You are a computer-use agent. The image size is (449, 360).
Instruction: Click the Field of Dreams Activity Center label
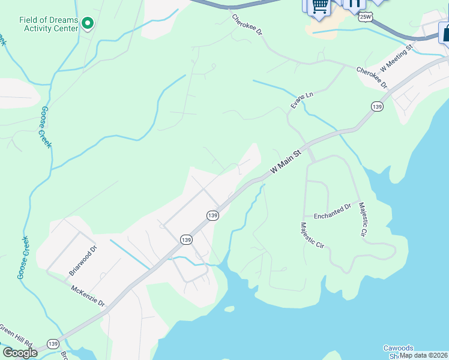coord(49,24)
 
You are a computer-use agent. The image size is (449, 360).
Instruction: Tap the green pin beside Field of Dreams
coord(88,24)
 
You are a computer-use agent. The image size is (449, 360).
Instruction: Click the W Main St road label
coord(285,163)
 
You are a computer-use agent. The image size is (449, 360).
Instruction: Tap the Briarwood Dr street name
coord(83,260)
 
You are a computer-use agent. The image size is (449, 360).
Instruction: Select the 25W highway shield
coord(365,17)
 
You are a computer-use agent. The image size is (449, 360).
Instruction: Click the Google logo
coord(19,352)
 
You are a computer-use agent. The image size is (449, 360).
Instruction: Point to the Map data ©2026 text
coord(423,355)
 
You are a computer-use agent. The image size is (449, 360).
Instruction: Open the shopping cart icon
coord(319,6)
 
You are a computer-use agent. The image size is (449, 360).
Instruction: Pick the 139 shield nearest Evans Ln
coord(376,107)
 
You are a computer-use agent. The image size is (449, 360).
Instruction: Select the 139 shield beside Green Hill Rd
coord(53,344)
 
